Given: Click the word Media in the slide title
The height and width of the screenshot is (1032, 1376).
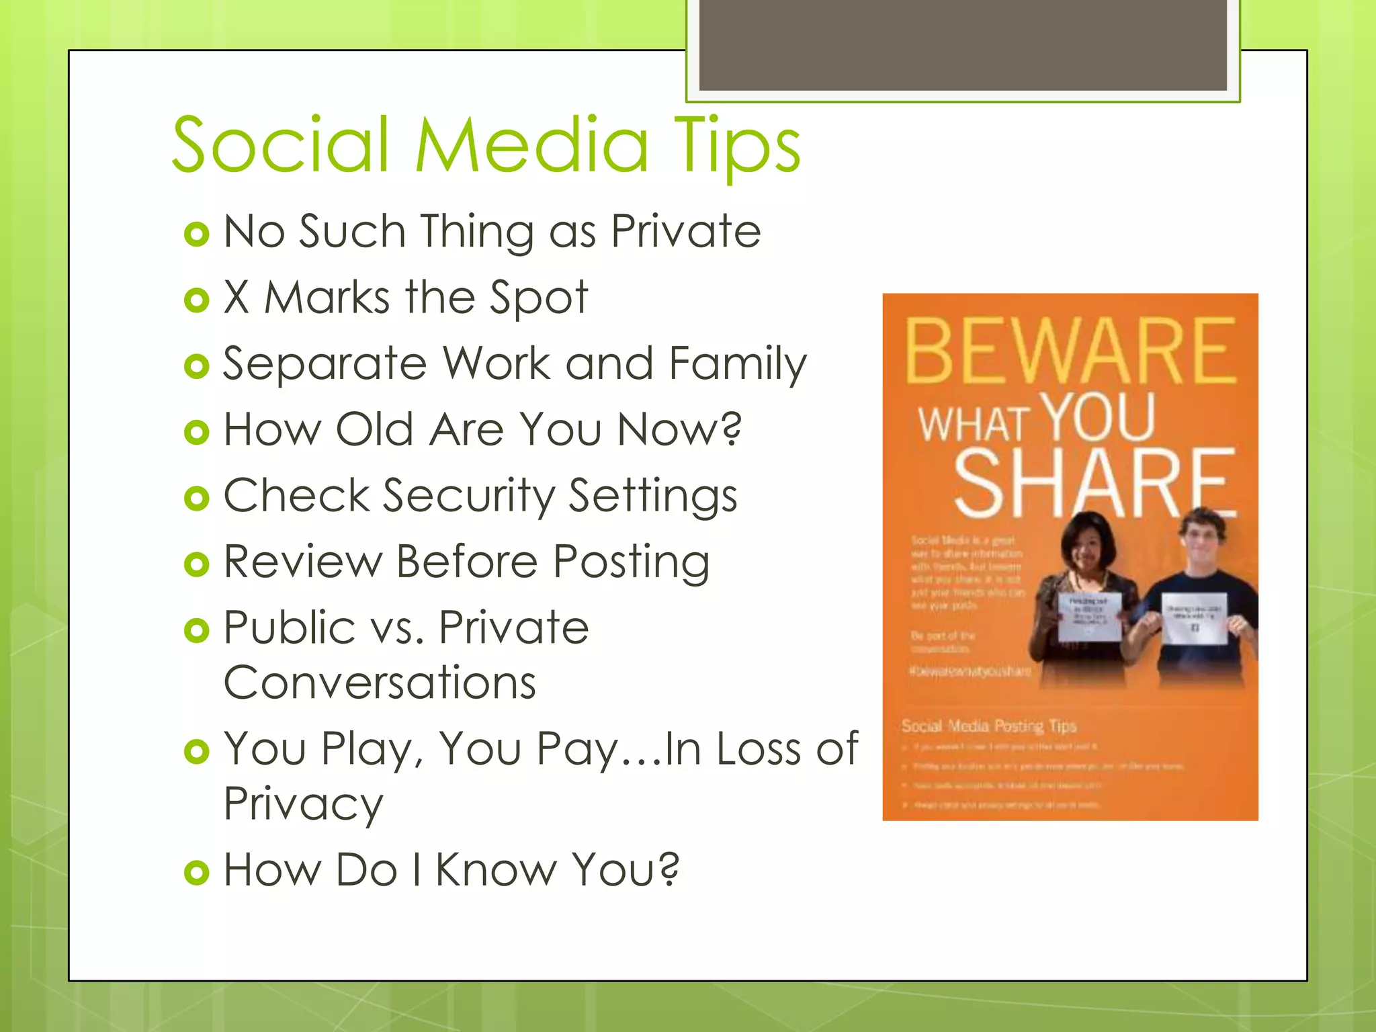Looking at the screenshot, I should [531, 144].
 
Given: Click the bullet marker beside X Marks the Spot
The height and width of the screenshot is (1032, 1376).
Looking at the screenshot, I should [197, 300].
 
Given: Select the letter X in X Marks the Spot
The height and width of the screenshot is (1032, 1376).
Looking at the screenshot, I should [236, 297].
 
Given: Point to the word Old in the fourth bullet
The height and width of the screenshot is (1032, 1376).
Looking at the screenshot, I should [374, 429].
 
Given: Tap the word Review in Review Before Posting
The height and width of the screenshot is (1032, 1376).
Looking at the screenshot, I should [302, 562].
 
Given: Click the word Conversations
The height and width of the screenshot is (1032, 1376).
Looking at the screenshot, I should [380, 683].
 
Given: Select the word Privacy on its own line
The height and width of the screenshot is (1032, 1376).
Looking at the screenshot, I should [303, 804].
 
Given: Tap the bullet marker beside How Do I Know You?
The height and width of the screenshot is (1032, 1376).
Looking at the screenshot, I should [197, 873].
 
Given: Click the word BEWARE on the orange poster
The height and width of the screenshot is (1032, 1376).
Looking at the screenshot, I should [1070, 351].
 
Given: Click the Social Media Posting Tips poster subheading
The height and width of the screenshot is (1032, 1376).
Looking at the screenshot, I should [988, 726].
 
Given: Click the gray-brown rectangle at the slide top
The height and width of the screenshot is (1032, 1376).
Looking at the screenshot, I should [962, 44].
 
